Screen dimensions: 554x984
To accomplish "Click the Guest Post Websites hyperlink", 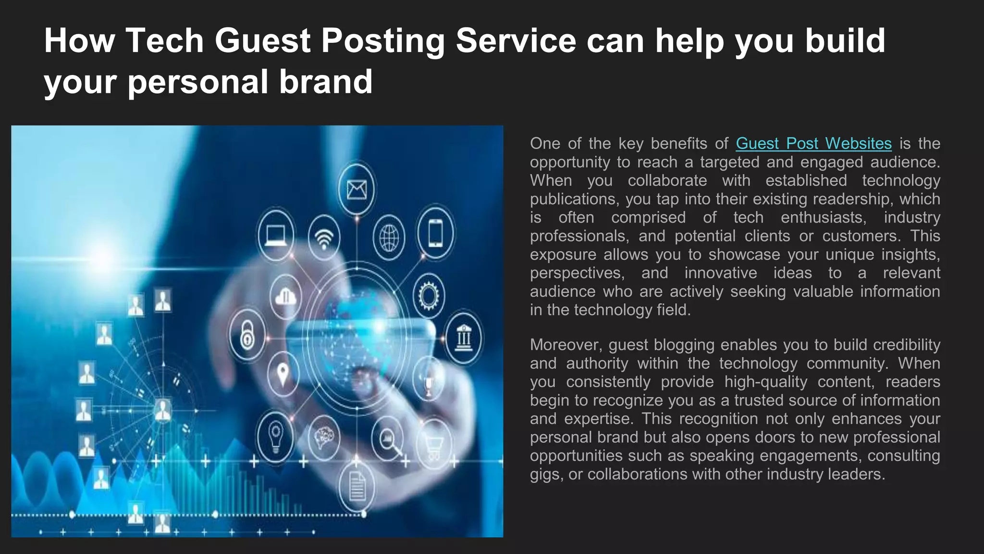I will [813, 143].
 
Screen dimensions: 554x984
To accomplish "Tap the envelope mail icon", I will [357, 189].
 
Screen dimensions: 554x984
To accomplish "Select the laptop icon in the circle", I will [276, 235].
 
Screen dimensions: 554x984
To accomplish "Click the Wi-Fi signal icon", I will [324, 238].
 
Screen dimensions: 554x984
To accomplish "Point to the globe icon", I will [389, 238].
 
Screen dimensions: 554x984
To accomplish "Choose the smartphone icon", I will [435, 233].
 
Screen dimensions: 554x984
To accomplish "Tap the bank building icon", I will [463, 337].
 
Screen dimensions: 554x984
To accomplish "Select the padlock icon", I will [247, 336].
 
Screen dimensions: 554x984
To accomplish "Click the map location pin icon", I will [283, 373].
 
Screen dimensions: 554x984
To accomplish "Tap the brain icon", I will [324, 438].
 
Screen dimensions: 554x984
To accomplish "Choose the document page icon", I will [357, 486].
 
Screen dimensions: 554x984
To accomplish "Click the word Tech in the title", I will [164, 40].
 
